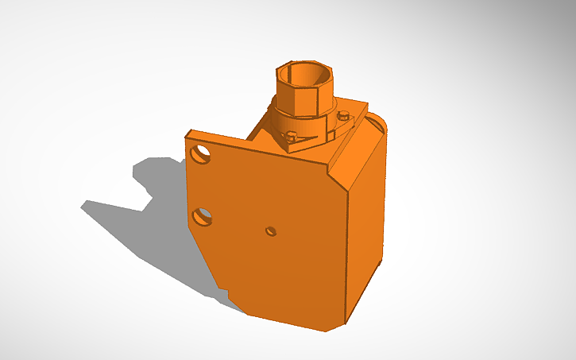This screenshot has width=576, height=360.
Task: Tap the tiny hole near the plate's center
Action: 271,231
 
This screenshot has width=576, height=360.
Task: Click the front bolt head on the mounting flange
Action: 292,136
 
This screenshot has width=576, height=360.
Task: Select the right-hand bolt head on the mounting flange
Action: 343,116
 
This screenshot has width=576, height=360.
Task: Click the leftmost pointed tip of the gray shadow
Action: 82,204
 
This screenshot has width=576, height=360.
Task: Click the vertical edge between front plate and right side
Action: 348,254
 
